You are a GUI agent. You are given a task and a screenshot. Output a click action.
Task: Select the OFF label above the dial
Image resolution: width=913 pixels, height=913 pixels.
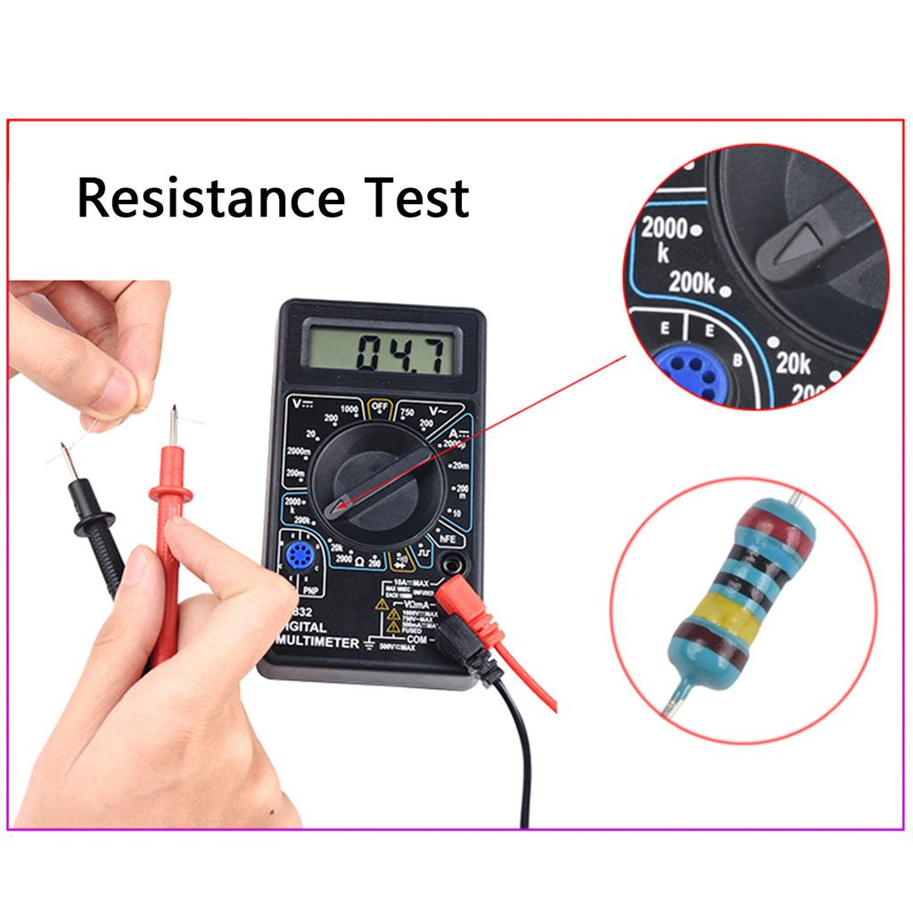381,409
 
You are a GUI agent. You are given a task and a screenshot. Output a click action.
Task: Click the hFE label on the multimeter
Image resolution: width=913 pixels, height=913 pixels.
446,539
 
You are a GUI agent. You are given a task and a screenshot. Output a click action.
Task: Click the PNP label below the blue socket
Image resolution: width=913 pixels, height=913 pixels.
309,589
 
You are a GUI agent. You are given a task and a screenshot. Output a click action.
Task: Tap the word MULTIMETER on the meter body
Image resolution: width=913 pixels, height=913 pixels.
318,642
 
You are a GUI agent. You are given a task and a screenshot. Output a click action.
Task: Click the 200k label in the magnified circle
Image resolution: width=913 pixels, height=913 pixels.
693,284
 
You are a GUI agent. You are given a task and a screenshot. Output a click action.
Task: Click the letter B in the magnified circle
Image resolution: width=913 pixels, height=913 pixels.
737,359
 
